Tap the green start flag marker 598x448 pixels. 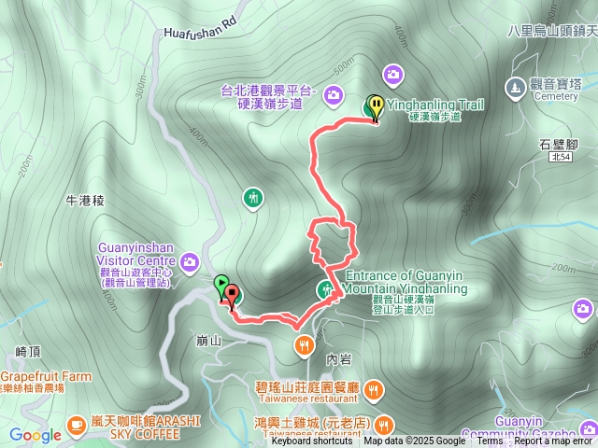221,285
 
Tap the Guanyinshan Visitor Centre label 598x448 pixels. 136,254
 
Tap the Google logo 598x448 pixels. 36,435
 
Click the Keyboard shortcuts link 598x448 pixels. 312,441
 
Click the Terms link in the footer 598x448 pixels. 490,441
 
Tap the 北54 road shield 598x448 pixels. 562,159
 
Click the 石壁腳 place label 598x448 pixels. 560,143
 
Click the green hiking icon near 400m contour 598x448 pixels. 252,198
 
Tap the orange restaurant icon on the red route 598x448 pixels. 305,346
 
